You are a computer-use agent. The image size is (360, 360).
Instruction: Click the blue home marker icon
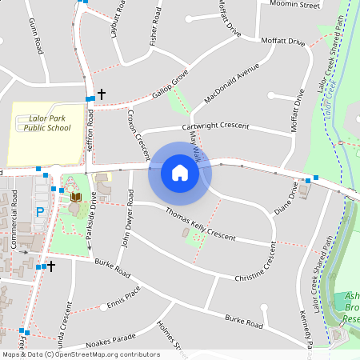[x=180, y=172]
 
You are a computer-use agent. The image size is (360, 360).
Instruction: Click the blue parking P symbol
[x=40, y=213]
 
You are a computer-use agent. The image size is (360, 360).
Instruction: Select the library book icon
[x=75, y=197]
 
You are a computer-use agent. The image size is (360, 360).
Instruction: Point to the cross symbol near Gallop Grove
[x=102, y=94]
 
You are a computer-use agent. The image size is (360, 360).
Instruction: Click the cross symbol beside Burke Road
[x=51, y=265]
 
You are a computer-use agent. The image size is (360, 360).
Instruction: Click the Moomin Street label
[x=296, y=6]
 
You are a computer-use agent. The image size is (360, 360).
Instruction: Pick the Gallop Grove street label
[x=169, y=86]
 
